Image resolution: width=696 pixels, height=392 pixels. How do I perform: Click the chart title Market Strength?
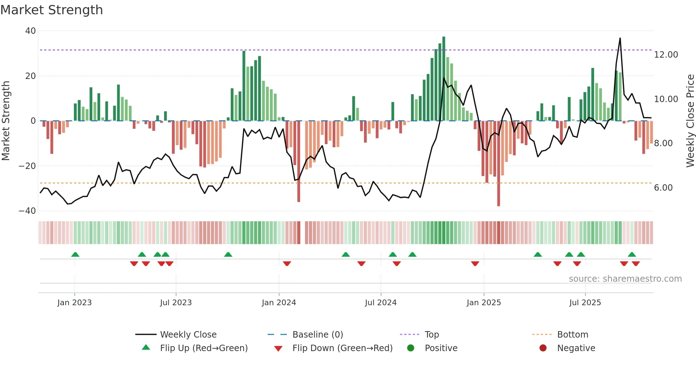tap(51, 10)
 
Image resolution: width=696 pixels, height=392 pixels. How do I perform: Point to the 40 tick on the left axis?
tap(31, 31)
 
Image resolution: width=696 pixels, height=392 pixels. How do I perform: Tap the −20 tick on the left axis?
tap(27, 166)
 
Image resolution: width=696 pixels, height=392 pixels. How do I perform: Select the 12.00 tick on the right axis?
tap(666, 55)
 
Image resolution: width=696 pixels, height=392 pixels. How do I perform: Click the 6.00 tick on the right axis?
tap(663, 188)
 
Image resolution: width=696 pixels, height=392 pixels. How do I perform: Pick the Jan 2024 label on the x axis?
tap(279, 303)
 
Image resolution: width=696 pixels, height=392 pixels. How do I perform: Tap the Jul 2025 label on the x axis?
tap(585, 303)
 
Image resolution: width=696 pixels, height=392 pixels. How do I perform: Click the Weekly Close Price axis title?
tap(690, 121)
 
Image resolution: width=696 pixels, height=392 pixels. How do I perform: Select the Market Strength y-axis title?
tap(6, 121)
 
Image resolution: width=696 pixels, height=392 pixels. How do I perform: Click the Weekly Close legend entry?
tap(188, 335)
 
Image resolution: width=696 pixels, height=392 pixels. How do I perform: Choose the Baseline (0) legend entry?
tap(317, 335)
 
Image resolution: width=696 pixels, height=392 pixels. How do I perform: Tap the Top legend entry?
tap(431, 335)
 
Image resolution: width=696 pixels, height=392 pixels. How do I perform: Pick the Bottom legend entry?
tap(572, 335)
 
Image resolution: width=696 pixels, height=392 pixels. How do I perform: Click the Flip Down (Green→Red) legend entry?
tap(342, 348)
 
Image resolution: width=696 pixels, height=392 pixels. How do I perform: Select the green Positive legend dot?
tap(410, 348)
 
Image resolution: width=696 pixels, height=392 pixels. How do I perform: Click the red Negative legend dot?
tap(543, 348)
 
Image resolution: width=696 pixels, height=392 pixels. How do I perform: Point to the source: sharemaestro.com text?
tap(625, 279)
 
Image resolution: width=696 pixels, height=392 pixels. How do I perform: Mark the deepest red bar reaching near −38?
tap(499, 164)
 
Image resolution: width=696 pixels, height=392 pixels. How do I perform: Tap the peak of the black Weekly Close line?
tap(620, 38)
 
